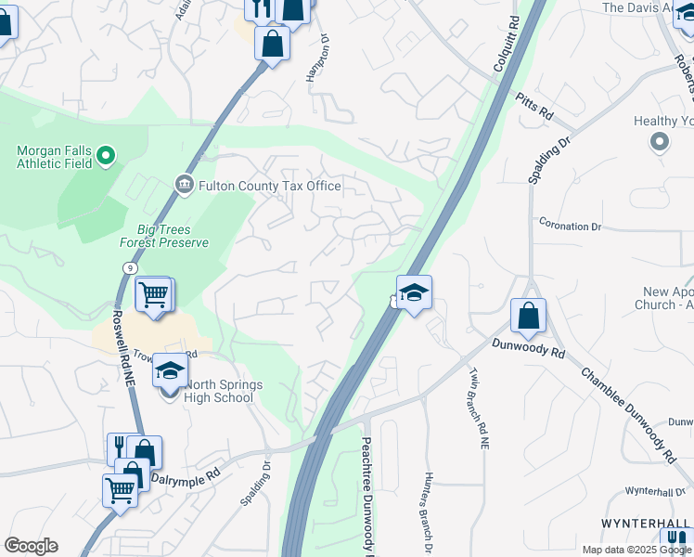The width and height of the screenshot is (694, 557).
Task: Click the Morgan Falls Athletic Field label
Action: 55,157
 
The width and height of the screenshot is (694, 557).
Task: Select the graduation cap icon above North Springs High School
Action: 170,371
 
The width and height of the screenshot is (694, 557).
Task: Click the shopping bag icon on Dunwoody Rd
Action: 528,316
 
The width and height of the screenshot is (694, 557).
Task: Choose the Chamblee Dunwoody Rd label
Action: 628,415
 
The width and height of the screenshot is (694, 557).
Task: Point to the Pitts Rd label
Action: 534,107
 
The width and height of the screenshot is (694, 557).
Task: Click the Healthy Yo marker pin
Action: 660,141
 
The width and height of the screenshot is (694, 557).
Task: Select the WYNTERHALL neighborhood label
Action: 646,524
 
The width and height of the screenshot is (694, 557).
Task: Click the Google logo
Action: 31,546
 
